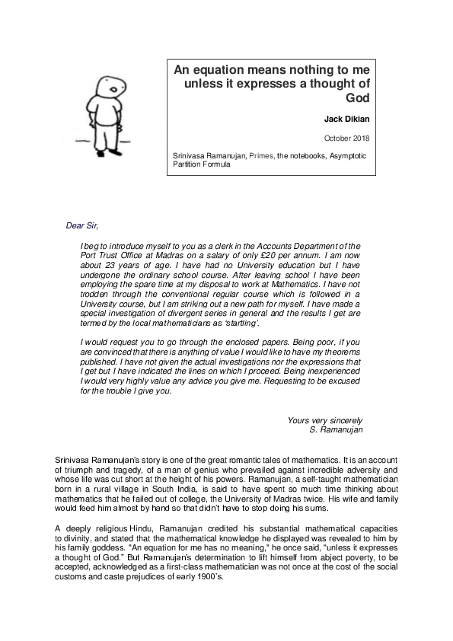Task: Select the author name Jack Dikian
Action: pos(346,119)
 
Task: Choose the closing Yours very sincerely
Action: pos(326,419)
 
